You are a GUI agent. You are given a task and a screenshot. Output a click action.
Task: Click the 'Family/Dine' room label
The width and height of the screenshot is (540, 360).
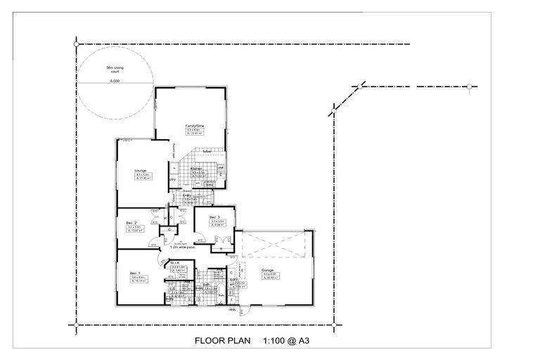[193, 126]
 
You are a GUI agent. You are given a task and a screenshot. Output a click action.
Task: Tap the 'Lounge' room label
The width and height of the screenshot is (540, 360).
[140, 171]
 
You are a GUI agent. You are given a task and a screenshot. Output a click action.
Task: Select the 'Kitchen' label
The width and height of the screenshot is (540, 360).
[197, 169]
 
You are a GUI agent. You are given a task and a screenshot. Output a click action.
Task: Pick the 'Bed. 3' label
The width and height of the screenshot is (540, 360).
[214, 217]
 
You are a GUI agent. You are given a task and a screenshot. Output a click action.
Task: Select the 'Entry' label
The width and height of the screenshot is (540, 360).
[188, 196]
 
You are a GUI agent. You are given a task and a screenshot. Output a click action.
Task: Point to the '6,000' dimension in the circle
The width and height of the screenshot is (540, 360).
[115, 81]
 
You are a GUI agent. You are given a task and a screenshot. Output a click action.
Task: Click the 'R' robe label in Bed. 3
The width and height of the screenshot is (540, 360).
[221, 247]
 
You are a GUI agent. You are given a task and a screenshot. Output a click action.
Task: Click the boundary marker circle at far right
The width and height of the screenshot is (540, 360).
[469, 86]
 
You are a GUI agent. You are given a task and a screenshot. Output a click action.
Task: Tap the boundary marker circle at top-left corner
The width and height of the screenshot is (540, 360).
[76, 44]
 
